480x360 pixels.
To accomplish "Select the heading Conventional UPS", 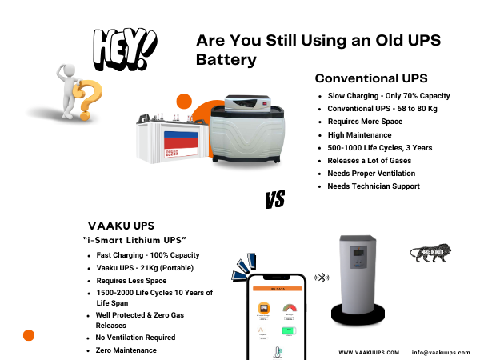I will (371, 78).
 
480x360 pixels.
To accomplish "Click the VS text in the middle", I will (274, 199).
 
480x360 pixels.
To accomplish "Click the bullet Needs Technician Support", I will (373, 186).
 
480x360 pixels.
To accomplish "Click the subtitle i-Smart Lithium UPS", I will (134, 241).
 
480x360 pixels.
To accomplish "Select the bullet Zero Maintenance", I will (126, 350).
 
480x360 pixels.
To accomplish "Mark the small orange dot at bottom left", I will (29, 335).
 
